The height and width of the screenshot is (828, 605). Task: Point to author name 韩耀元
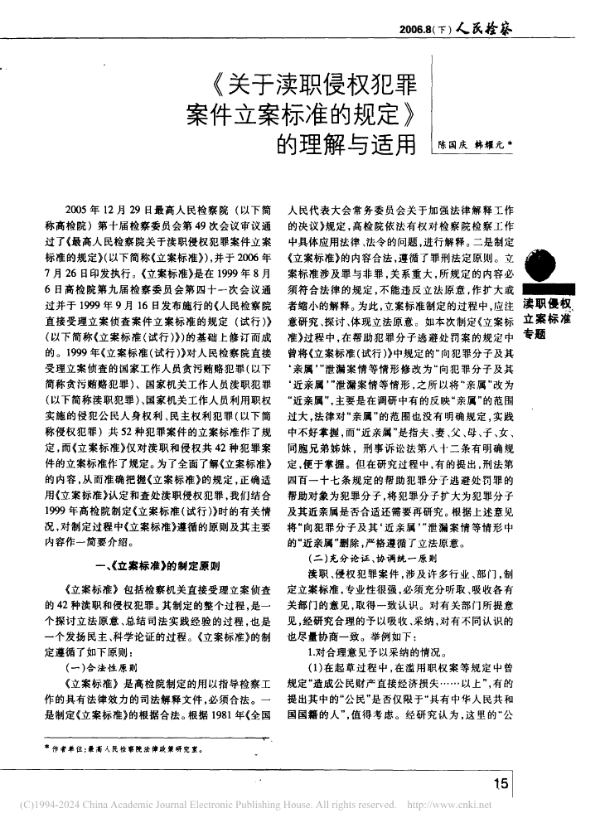pyautogui.click(x=489, y=143)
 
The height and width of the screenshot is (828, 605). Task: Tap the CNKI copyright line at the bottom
pyautogui.click(x=302, y=805)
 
